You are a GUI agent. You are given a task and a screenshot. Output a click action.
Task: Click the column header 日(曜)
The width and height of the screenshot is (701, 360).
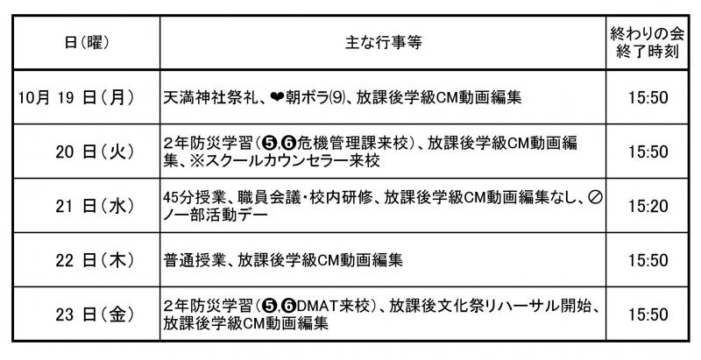87,43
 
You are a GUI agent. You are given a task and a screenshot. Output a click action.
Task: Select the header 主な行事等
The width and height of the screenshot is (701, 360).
383,43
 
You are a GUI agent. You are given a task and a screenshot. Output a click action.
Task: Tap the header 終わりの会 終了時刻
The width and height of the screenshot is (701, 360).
647,43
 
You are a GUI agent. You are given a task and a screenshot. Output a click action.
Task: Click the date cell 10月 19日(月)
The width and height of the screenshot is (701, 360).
76,97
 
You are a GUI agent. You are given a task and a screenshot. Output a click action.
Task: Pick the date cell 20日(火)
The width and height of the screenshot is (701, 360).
95,152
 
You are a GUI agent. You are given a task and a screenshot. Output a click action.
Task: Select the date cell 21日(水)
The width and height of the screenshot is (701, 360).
95,206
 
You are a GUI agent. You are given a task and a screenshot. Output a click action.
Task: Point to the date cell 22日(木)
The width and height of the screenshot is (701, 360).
95,260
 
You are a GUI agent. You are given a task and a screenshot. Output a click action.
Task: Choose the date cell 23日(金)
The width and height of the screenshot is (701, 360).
95,314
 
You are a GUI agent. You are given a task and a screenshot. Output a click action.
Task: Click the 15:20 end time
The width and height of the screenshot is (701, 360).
648,207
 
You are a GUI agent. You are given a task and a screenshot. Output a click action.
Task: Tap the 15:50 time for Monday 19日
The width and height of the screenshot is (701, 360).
648,98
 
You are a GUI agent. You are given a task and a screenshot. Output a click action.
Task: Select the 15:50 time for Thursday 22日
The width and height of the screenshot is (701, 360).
648,261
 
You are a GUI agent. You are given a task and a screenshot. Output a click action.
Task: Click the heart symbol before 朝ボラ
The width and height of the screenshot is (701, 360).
277,98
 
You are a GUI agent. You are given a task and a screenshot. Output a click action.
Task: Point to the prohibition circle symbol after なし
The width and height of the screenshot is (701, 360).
595,197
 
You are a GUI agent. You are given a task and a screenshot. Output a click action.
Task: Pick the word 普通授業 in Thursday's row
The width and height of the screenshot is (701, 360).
192,260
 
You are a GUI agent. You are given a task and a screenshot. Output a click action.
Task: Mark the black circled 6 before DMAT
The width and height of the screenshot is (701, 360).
289,307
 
